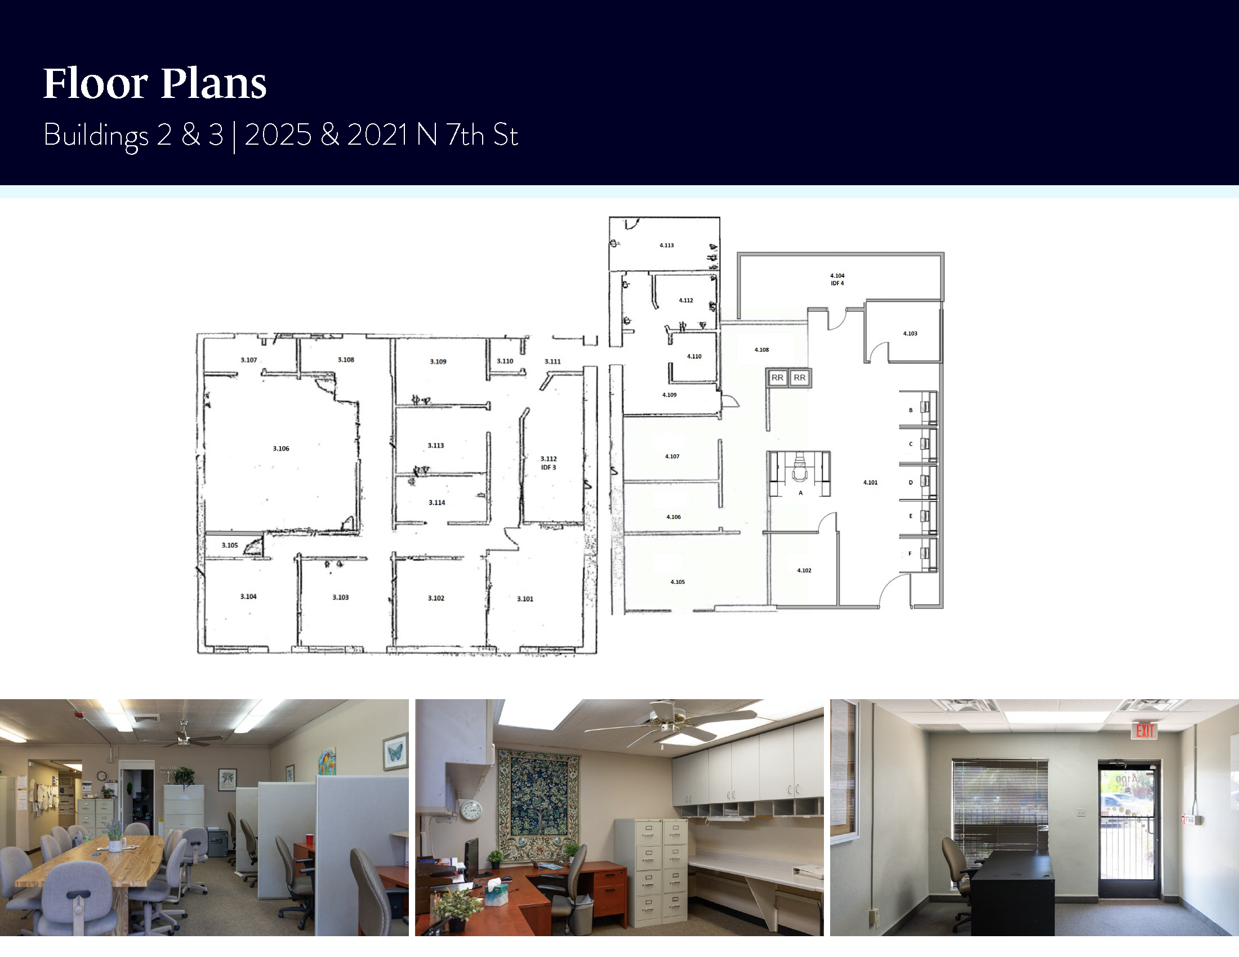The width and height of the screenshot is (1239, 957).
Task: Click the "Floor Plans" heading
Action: pos(155,83)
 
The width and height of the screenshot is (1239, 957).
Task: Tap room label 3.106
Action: pos(281,449)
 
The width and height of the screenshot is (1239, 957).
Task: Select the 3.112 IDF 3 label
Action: pos(549,463)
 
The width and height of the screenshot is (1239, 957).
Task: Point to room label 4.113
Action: pos(667,245)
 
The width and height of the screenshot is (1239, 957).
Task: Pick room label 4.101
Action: pos(870,482)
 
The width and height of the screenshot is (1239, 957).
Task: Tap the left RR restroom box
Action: pos(777,378)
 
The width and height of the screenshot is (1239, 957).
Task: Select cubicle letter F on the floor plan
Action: pos(910,553)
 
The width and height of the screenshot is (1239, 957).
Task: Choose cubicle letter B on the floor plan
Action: pos(911,410)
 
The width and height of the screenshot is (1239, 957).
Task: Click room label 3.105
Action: pos(230,545)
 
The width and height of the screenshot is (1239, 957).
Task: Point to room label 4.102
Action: pos(804,570)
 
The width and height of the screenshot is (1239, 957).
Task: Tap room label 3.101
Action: pos(525,599)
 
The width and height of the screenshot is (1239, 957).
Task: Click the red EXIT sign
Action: pos(1145,731)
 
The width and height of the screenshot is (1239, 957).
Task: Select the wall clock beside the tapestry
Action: pos(471,810)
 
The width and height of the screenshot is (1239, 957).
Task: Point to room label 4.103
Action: pos(910,333)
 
